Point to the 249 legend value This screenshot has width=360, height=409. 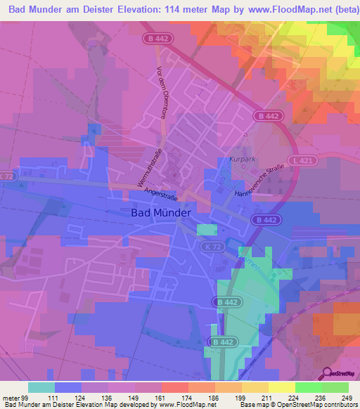click(347, 398)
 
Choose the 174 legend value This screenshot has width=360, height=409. click(174, 398)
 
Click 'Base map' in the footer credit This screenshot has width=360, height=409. click(254, 405)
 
